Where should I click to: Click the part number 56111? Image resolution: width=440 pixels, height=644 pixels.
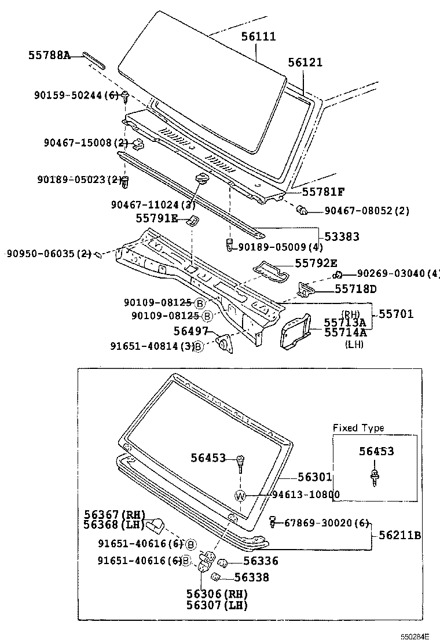click(258, 36)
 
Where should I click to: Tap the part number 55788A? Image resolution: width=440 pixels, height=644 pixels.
click(49, 56)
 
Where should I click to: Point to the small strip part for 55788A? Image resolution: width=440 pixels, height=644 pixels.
click(93, 60)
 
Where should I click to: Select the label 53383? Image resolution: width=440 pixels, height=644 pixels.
click(342, 236)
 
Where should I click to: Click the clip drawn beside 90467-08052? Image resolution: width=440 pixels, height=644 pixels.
click(300, 209)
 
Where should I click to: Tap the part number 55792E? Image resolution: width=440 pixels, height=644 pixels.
click(316, 263)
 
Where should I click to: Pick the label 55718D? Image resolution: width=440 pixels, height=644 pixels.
click(355, 288)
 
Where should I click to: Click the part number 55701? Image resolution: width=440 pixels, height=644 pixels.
click(396, 314)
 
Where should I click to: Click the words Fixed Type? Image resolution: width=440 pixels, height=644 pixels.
click(358, 428)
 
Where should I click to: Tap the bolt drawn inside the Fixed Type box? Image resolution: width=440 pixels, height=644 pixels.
click(375, 475)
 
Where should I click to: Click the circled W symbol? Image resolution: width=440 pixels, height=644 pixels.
click(241, 495)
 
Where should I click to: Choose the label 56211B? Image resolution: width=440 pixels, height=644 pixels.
click(399, 536)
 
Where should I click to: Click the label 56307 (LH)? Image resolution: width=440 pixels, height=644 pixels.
click(217, 605)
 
